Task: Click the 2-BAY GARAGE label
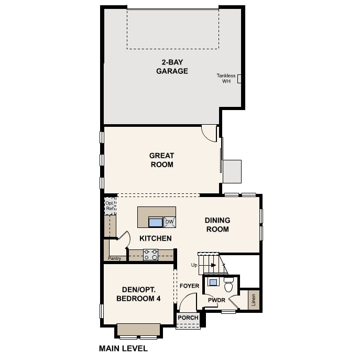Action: click(x=172, y=67)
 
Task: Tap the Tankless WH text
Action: click(x=226, y=78)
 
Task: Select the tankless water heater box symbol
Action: click(x=239, y=79)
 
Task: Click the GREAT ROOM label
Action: click(x=162, y=160)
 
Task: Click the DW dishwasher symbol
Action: click(x=170, y=222)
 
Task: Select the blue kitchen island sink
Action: click(x=156, y=223)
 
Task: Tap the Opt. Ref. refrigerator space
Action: click(x=110, y=206)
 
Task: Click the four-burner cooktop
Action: click(x=150, y=255)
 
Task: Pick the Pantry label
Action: click(x=114, y=258)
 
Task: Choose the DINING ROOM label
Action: click(x=217, y=225)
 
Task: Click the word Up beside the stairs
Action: click(x=194, y=265)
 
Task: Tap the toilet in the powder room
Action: click(x=228, y=285)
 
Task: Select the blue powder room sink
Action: click(x=213, y=282)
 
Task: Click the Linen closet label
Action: click(x=254, y=300)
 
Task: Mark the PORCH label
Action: click(x=188, y=318)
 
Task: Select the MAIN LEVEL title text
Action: click(x=123, y=348)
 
